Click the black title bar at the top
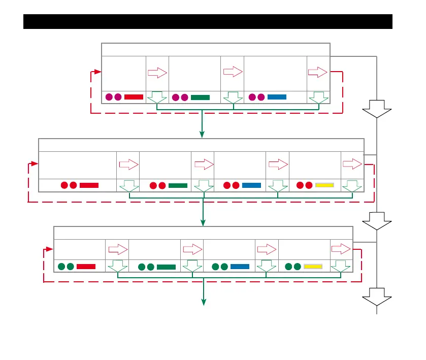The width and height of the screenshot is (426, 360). pyautogui.click(x=208, y=22)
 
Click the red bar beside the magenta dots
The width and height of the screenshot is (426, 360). pyautogui.click(x=134, y=96)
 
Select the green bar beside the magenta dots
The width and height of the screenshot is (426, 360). pyautogui.click(x=200, y=97)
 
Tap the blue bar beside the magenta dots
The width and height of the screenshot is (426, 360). pyautogui.click(x=277, y=96)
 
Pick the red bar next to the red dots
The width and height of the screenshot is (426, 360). pyautogui.click(x=89, y=185)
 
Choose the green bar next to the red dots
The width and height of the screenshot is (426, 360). pyautogui.click(x=178, y=185)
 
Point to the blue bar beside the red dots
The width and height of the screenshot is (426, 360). pyautogui.click(x=251, y=185)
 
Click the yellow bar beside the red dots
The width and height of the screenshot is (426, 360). pyautogui.click(x=324, y=185)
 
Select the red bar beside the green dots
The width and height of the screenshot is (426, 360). pyautogui.click(x=86, y=266)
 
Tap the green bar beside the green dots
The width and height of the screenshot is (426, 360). pyautogui.click(x=166, y=266)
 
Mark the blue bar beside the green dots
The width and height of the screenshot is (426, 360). pyautogui.click(x=240, y=266)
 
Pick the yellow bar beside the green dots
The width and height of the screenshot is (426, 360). pyautogui.click(x=313, y=266)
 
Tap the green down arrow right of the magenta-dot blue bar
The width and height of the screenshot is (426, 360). pyautogui.click(x=318, y=97)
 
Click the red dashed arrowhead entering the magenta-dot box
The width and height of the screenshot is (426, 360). pyautogui.click(x=98, y=72)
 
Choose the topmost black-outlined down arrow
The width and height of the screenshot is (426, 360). pyautogui.click(x=377, y=109)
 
